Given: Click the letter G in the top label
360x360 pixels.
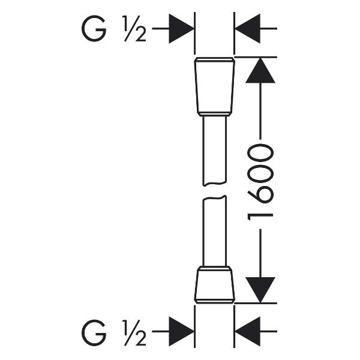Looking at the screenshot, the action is tap(94, 28).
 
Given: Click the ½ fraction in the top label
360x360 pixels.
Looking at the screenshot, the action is tap(135, 29).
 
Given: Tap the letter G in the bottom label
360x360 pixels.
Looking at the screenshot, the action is tap(94, 332).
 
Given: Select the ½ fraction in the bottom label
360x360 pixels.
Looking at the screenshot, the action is tap(135, 333).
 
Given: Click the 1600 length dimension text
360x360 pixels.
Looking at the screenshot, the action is tap(260, 182).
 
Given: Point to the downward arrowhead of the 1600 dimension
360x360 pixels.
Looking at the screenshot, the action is tap(260, 290).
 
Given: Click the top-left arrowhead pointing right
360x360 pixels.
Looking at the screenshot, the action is tap(181, 29).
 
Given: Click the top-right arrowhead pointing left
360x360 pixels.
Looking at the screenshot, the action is tap(247, 29).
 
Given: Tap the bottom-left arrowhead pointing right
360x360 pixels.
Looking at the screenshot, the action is tap(181, 331).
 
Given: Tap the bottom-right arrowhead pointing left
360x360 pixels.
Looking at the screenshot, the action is tap(247, 331).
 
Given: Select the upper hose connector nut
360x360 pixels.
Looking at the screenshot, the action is tap(215, 85).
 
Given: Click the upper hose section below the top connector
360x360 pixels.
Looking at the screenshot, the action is tap(215, 151).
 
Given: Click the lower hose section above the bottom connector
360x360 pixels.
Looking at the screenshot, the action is tap(215, 231).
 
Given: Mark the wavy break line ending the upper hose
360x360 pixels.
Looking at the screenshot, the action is tap(215, 184).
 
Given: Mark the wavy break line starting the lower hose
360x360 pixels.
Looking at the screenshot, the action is tap(215, 197).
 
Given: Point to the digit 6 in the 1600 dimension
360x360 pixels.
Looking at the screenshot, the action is tap(261, 194).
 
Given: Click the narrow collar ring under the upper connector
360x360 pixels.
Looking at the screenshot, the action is tap(215, 114).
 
